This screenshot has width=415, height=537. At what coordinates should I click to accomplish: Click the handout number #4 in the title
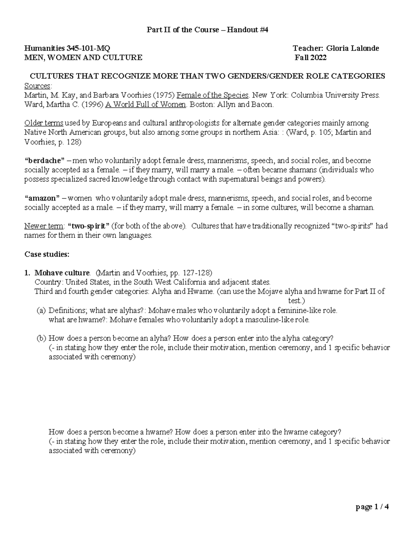(264, 30)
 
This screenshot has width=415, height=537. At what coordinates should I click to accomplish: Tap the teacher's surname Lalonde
(365, 48)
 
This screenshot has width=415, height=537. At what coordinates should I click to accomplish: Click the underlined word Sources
(37, 86)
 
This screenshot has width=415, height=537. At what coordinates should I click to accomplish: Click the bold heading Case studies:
(47, 254)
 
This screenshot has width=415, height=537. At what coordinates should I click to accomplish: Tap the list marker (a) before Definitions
(41, 310)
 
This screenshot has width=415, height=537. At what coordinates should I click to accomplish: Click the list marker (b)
(41, 338)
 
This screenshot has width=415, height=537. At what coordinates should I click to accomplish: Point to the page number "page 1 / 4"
(372, 507)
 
